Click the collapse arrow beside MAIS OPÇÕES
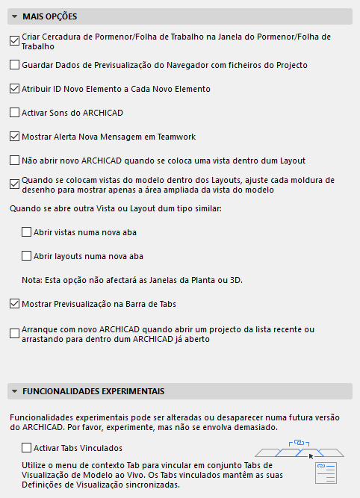14,16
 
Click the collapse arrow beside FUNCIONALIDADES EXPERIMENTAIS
14,391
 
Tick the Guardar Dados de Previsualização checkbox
15,65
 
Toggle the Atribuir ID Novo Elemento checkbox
15,89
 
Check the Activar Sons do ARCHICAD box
15,113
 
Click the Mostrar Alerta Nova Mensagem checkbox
15,137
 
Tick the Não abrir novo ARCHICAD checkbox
15,160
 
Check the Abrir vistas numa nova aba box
27,232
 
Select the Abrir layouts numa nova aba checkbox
27,256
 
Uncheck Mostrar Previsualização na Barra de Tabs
15,304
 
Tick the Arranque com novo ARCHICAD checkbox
15,333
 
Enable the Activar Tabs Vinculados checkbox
27,448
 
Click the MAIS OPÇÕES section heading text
49,16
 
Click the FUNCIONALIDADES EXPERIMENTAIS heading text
93,391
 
